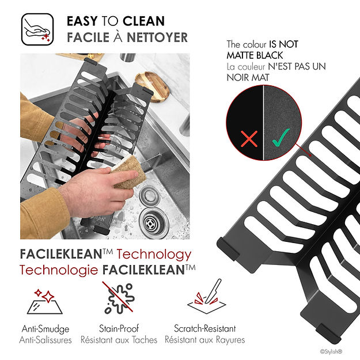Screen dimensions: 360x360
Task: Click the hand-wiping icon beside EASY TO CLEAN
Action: pyautogui.click(x=37, y=29)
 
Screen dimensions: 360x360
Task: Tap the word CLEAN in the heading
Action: pyautogui.click(x=144, y=21)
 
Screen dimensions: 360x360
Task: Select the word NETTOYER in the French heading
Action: pyautogui.click(x=157, y=37)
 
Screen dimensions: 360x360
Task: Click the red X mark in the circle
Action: pyautogui.click(x=249, y=138)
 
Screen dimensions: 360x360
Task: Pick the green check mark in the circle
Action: pyautogui.click(x=281, y=138)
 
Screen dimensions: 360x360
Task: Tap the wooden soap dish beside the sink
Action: pyautogui.click(x=153, y=86)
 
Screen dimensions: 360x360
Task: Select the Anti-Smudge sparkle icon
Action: pyautogui.click(x=45, y=302)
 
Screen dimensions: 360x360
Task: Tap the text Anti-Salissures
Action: pyautogui.click(x=46, y=340)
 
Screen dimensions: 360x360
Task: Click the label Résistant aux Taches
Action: pyautogui.click(x=119, y=340)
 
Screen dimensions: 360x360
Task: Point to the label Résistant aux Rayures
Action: pyautogui.click(x=205, y=340)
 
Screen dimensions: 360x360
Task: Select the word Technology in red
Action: pyautogui.click(x=154, y=255)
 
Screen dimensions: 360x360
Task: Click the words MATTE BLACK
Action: pyautogui.click(x=255, y=55)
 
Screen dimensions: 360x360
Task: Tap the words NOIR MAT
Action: pyautogui.click(x=248, y=78)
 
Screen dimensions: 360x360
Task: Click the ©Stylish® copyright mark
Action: pyautogui.click(x=331, y=351)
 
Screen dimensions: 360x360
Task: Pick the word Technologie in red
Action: pyautogui.click(x=59, y=270)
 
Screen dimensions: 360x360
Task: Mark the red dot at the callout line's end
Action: pyautogui.click(x=310, y=155)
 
